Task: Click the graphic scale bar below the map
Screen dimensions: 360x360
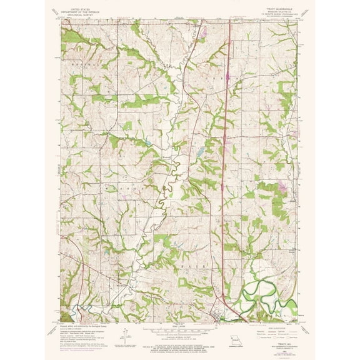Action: pos(180,329)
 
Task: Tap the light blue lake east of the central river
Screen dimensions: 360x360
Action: pos(198,152)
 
